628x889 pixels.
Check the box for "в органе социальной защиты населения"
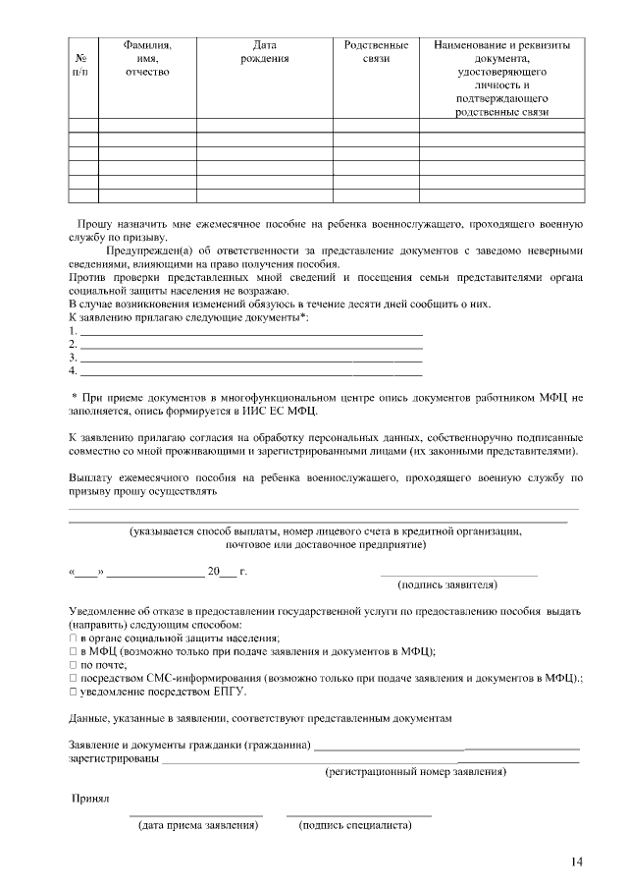[73, 639]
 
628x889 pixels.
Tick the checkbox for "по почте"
[73, 665]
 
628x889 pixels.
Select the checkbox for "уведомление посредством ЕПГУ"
[73, 692]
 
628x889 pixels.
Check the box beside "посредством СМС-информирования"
[73, 678]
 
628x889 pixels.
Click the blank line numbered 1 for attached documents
[250, 335]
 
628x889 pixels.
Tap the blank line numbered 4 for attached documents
[250, 375]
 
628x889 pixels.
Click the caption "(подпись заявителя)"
[446, 584]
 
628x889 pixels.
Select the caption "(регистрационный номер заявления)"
[416, 772]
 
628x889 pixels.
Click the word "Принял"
[90, 800]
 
